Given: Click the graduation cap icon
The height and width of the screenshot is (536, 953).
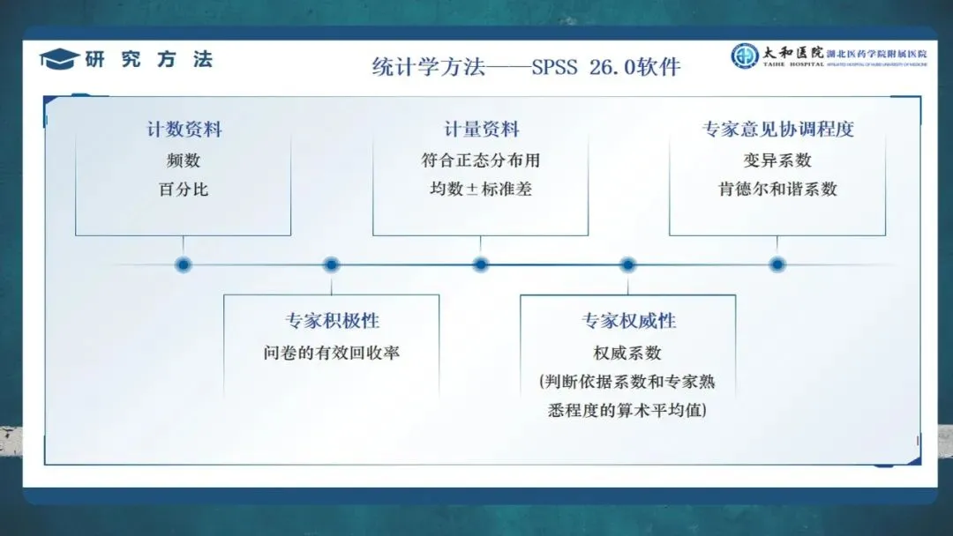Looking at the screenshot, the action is pos(60,59).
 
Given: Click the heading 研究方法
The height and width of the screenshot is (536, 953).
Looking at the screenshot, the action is pos(149,60).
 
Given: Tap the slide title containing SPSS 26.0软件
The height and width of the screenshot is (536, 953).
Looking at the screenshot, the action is pos(526,67).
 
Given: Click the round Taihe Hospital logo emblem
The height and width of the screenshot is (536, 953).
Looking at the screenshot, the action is pos(744,56).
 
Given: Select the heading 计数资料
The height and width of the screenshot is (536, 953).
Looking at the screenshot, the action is pos(184,129).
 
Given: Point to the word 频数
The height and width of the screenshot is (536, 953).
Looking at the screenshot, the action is pos(184,160).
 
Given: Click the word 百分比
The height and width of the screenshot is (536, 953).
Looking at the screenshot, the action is pos(184,189).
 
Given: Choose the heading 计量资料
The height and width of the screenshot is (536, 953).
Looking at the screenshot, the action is pos(481,129).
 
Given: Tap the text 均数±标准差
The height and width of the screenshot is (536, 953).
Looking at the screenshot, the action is pos(481,189).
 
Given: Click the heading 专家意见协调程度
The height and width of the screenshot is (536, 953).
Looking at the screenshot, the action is pos(777,129).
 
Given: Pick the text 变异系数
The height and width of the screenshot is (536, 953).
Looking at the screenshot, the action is pos(777,160).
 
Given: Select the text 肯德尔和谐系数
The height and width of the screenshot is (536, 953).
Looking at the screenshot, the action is pos(777,189).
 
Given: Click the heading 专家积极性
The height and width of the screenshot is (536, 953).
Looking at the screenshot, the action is pos(332,321).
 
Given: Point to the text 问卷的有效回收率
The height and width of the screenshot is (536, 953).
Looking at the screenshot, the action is pos(332,353).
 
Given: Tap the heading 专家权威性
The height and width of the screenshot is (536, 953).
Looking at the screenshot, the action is pos(628,321).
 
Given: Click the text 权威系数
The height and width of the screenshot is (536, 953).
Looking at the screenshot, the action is pos(627,353).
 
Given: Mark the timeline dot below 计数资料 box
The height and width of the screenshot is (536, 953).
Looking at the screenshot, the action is pos(184,264).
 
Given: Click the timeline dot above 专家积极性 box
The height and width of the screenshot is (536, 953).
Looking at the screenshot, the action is pos(331,264).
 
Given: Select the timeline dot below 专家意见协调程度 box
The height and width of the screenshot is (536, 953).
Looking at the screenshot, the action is pos(777,264).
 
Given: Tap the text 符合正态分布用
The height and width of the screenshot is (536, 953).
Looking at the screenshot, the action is pos(481,160).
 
